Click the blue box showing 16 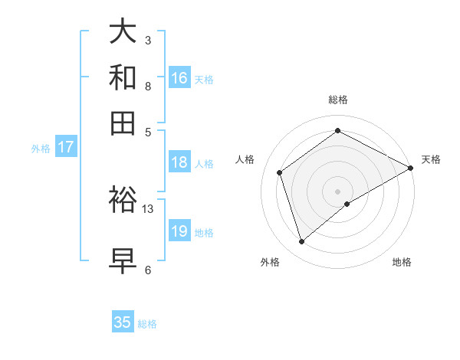[179, 77]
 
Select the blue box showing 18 [179, 162]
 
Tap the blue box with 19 [179, 231]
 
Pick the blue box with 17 [65, 147]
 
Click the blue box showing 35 [123, 322]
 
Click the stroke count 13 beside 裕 [148, 208]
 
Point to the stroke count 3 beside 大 [148, 40]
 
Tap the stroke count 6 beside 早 [148, 270]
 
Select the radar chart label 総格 [338, 100]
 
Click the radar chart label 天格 [431, 159]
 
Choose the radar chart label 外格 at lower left [270, 262]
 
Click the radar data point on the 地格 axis [347, 204]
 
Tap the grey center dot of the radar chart [338, 191]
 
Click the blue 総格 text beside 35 [147, 324]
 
